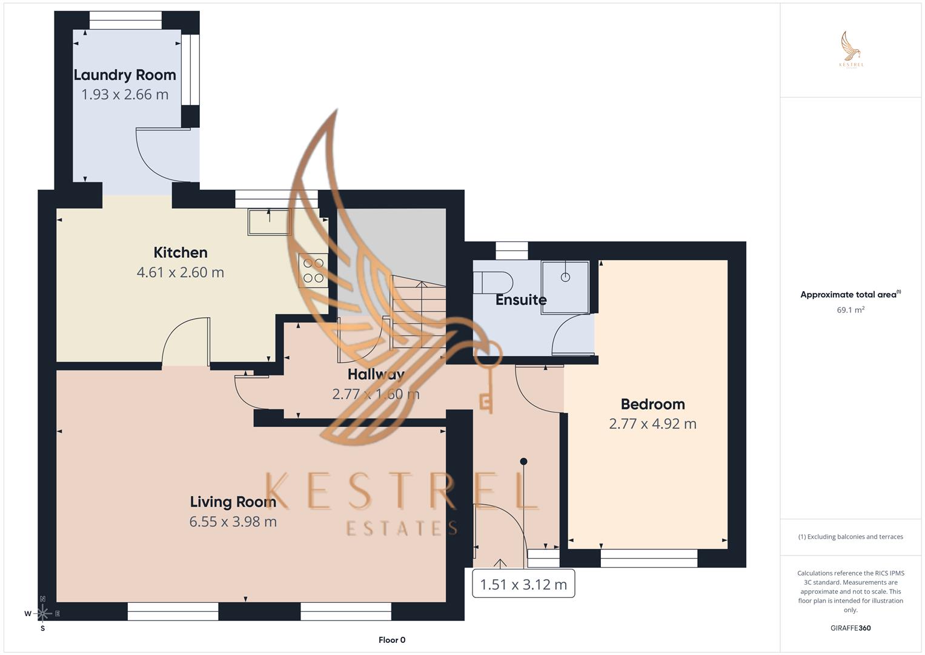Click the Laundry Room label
tap(125, 75)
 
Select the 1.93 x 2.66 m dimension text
tap(125, 95)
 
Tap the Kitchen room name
tap(181, 253)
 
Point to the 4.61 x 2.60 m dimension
tap(181, 272)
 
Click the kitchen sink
tap(269, 221)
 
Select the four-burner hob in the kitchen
tap(313, 270)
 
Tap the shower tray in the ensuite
tap(565, 287)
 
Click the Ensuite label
tap(521, 300)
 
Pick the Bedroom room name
tap(652, 405)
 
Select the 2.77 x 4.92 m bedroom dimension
tap(652, 424)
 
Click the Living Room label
tap(233, 502)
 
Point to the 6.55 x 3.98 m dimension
tap(233, 522)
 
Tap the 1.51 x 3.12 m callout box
tap(523, 585)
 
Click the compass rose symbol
tap(42, 613)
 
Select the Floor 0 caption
tap(392, 640)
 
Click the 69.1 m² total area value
tap(850, 310)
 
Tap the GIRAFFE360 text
tap(850, 628)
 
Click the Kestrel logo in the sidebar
tap(850, 50)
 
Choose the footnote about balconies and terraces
tap(850, 537)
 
